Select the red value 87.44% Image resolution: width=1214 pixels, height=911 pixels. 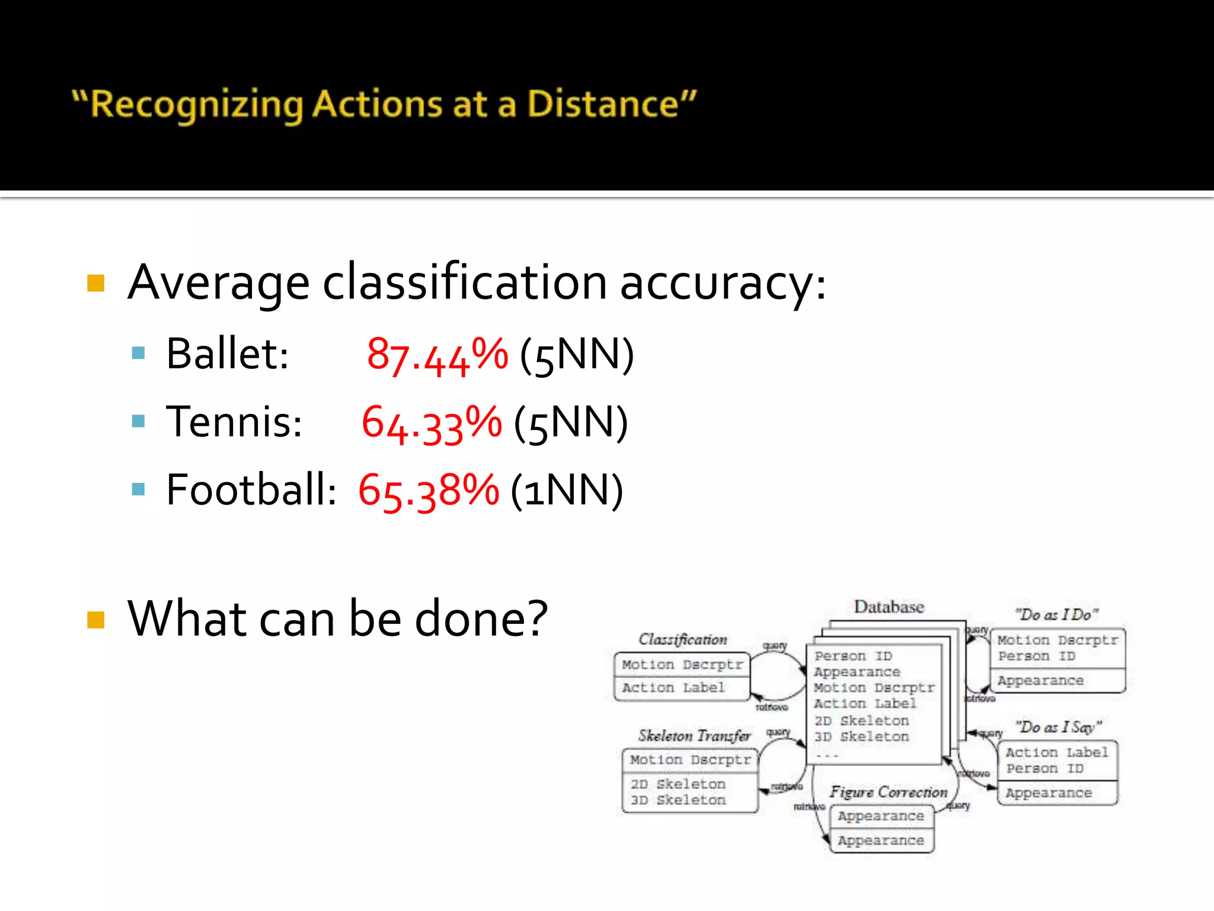[437, 355]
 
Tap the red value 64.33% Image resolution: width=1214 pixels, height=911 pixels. [432, 423]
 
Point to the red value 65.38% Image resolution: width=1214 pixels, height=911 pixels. [429, 490]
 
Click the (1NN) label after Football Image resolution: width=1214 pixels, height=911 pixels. [567, 490]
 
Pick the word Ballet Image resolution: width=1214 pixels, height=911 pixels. [227, 354]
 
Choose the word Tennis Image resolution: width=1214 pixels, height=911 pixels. [234, 422]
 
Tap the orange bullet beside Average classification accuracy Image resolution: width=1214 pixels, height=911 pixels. [96, 283]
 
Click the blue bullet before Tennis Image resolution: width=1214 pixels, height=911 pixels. [139, 421]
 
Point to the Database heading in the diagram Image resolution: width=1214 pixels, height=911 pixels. [889, 607]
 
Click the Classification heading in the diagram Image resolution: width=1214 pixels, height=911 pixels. [682, 639]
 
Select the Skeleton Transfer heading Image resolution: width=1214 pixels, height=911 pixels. [694, 735]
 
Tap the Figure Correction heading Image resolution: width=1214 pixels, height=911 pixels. [888, 792]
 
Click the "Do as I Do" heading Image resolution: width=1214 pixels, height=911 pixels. [1056, 614]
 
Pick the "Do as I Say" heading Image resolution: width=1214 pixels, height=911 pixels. [1058, 727]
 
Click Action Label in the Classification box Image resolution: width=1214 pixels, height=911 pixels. [673, 687]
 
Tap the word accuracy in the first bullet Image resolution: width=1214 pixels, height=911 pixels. [722, 283]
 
